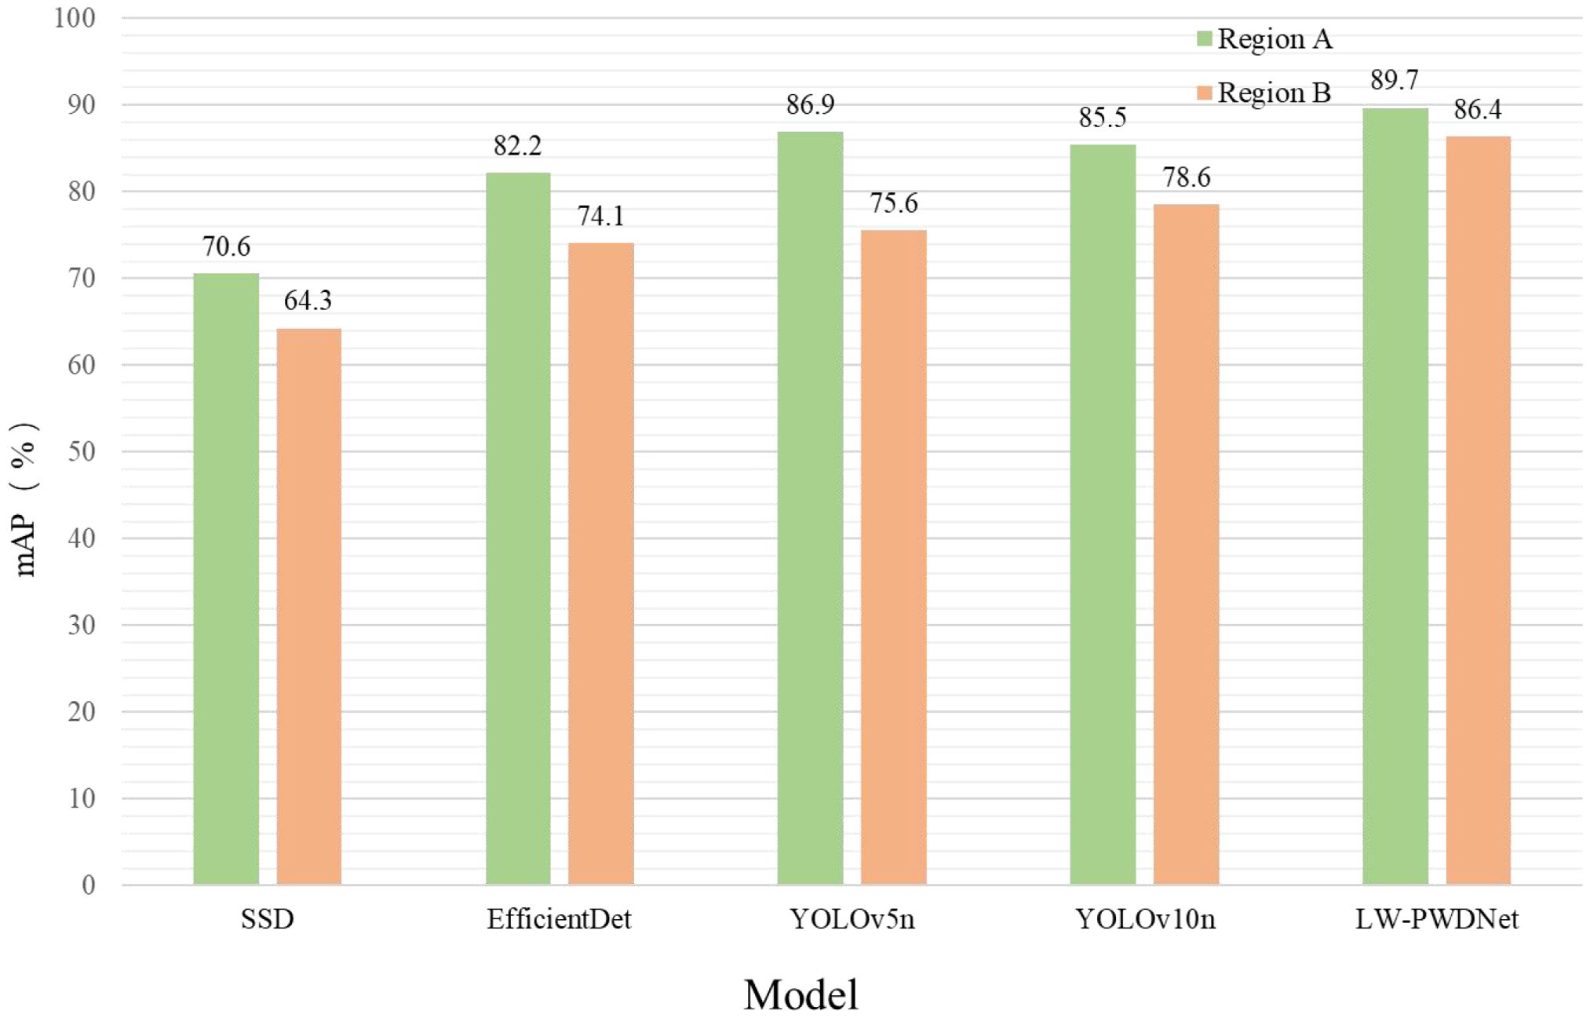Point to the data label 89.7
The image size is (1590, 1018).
[1395, 80]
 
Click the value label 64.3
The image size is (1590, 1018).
[308, 300]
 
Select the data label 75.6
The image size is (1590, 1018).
[893, 203]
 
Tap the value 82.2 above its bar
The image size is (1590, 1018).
[517, 145]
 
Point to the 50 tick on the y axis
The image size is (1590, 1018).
[82, 451]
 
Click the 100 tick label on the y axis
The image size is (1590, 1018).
[75, 17]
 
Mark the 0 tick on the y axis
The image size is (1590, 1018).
[89, 885]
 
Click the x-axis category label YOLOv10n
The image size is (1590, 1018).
[1145, 919]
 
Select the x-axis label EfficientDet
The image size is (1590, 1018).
[559, 919]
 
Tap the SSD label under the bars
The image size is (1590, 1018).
[267, 919]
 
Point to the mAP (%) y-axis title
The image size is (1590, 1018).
[25, 500]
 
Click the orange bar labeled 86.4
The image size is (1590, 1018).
[1478, 510]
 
